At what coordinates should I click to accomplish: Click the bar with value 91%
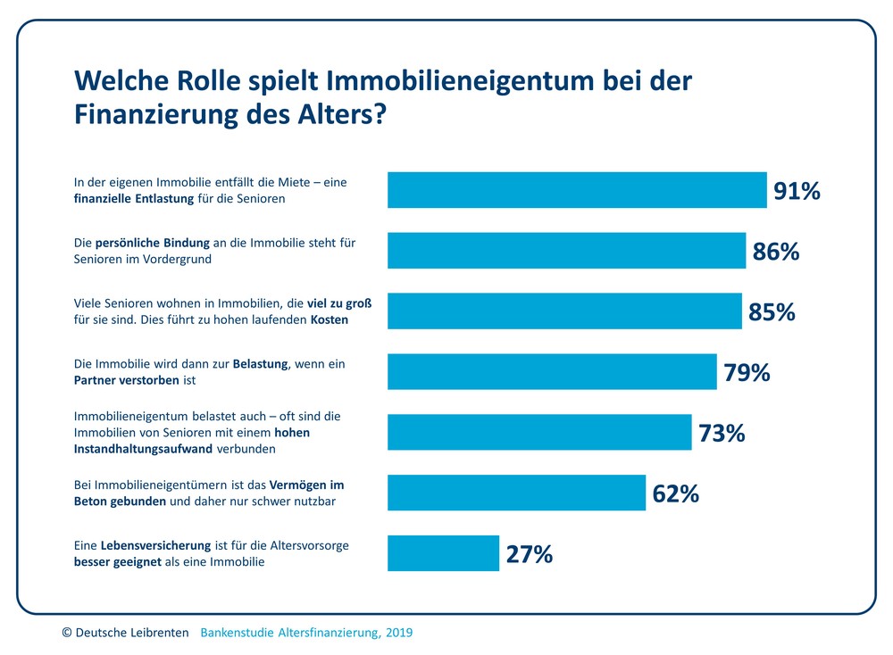pos(577,190)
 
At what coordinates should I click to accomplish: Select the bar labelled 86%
pos(566,251)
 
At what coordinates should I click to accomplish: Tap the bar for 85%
pos(564,311)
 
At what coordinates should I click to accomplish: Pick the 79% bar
pos(552,371)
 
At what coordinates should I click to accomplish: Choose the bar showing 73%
pos(539,432)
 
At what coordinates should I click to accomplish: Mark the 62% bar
pos(516,493)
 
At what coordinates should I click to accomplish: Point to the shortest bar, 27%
pos(443,553)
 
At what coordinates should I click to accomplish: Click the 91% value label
pos(797,191)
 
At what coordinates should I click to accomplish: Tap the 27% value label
pos(530,554)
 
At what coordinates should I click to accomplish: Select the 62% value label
pos(675,493)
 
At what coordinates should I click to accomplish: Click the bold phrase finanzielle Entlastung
pos(134,199)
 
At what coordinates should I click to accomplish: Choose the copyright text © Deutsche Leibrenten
pos(125,633)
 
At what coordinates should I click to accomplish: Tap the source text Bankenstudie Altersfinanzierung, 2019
pos(306,633)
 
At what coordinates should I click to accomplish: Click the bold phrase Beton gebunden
pos(120,502)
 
